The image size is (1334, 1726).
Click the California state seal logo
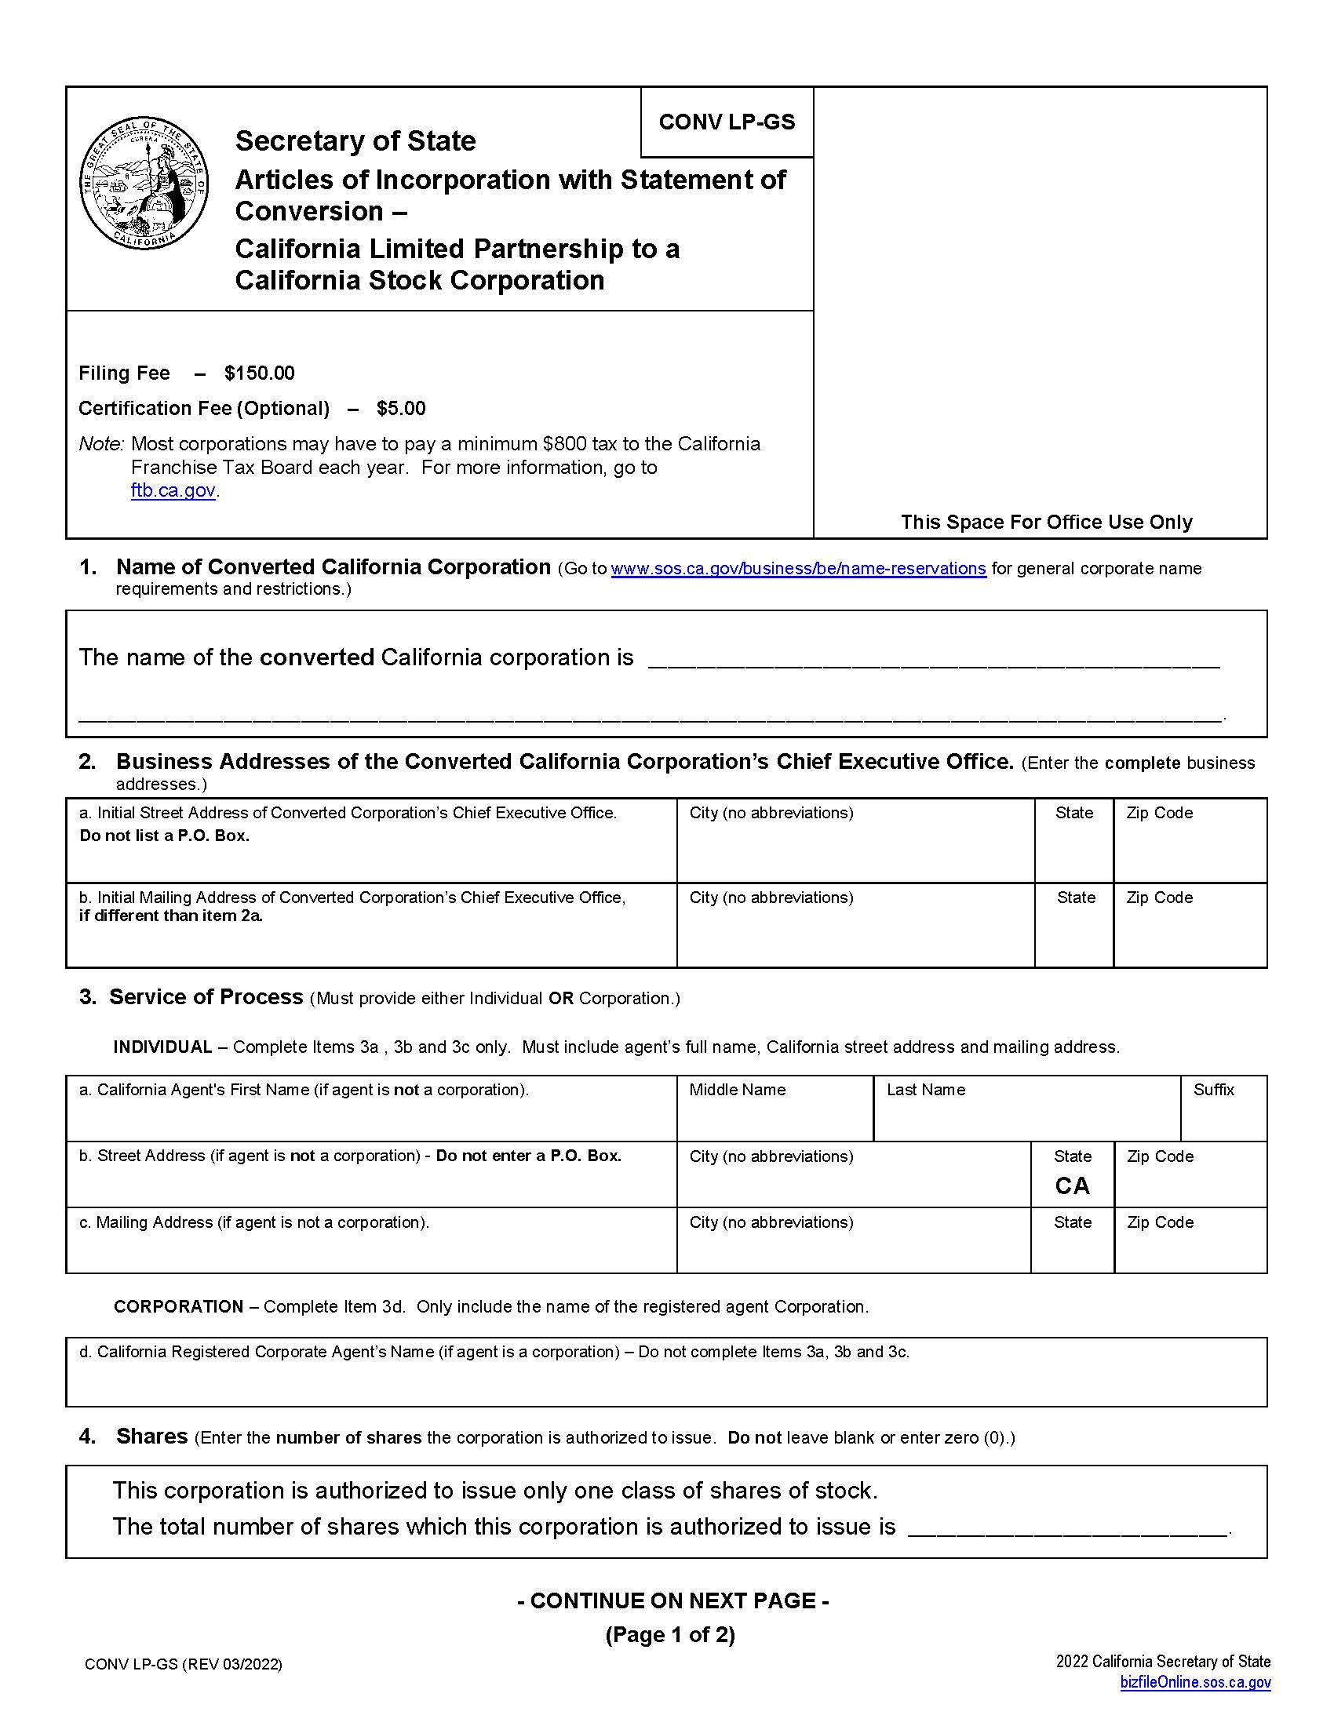click(x=144, y=184)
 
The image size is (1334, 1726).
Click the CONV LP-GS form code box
click(x=727, y=122)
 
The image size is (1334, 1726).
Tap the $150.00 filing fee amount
click(x=259, y=373)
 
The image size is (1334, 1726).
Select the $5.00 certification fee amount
click(x=401, y=409)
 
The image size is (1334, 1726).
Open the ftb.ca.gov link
click(x=173, y=491)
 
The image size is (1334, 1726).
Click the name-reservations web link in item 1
click(x=798, y=569)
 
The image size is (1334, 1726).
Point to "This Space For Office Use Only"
click(x=1045, y=523)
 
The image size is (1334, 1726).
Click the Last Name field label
click(x=925, y=1090)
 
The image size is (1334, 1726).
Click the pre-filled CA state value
click(x=1072, y=1186)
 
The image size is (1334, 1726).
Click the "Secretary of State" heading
click(x=355, y=141)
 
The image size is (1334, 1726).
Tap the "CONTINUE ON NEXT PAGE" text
click(x=672, y=1601)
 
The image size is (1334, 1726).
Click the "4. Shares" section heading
click(x=151, y=1437)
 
